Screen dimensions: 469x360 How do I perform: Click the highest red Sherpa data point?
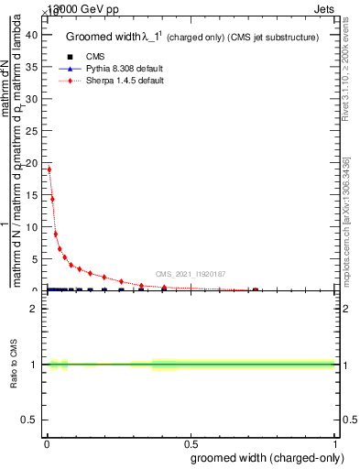click(x=49, y=169)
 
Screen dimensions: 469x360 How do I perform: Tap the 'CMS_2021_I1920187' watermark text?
click(x=191, y=274)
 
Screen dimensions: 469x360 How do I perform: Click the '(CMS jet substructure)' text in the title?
click(x=274, y=38)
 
